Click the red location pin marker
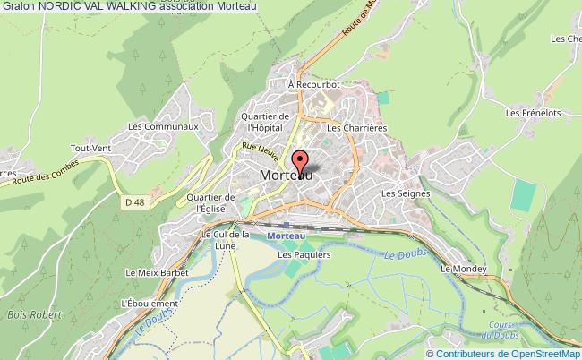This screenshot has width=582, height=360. click(303, 161)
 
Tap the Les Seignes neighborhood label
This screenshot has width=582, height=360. click(400, 193)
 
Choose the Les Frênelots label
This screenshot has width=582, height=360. click(526, 114)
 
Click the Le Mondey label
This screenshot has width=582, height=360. click(463, 269)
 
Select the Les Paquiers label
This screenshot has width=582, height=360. click(297, 254)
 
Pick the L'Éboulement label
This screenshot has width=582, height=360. click(147, 302)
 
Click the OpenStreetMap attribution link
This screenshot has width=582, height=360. click(535, 354)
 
